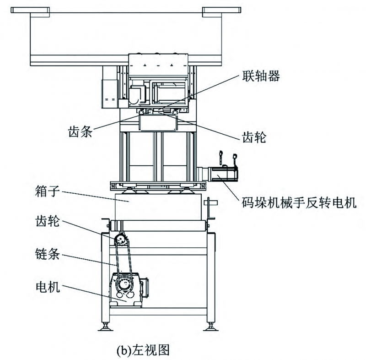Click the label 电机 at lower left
(x=48, y=287)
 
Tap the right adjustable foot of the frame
(x=211, y=326)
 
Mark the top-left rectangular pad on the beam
(x=30, y=10)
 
